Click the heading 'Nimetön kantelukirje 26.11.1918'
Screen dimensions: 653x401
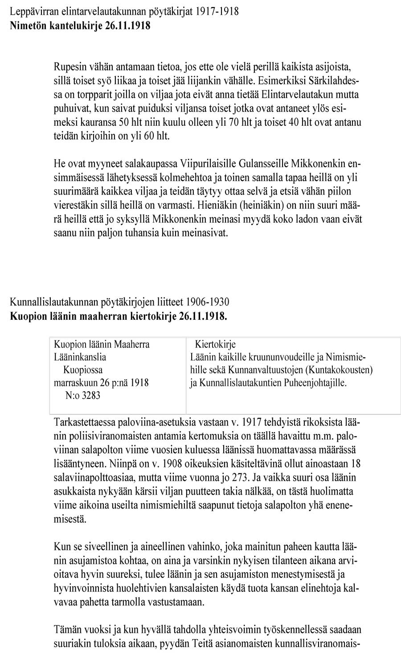(80, 25)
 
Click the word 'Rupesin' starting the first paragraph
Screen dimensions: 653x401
(69, 67)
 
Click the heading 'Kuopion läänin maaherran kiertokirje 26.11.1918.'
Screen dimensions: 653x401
(119, 317)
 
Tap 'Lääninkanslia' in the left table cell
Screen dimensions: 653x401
(80, 357)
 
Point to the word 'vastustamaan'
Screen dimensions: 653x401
(180, 602)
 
